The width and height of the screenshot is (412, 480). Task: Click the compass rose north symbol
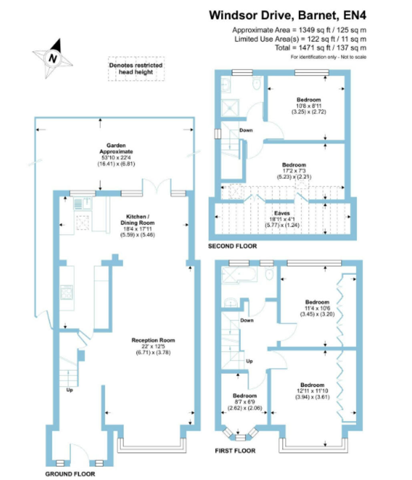53,58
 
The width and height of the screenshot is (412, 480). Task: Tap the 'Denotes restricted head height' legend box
136,68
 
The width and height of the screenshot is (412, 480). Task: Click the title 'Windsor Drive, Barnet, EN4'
287,16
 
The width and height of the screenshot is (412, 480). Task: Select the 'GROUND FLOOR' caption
70,474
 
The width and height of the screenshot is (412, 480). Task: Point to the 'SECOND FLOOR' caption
233,246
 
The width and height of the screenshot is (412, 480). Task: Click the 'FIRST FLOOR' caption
235,451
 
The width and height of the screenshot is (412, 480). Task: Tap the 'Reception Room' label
153,340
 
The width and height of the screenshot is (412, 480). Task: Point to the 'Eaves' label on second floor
282,213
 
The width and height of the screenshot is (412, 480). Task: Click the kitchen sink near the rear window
82,203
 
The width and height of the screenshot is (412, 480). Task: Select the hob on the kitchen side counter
66,293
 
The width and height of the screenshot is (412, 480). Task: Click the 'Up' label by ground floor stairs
70,390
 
